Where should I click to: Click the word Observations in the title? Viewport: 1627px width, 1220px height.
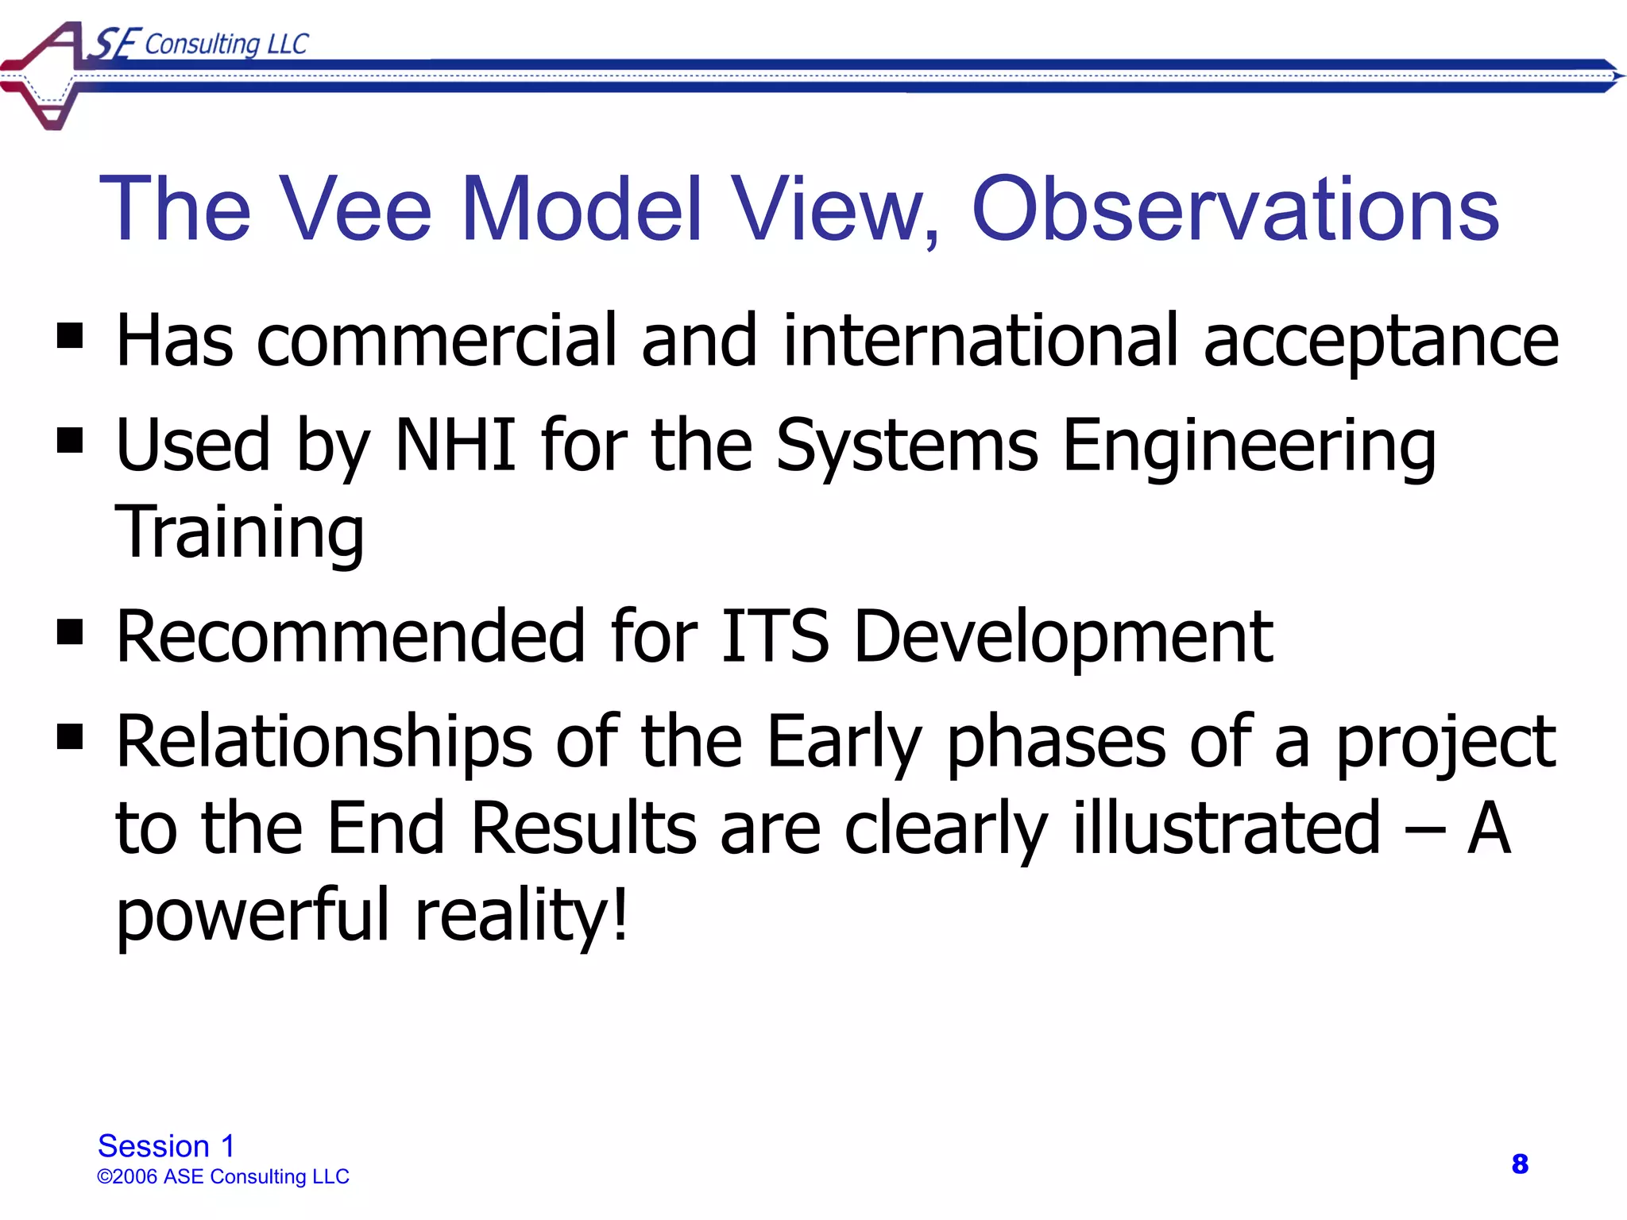pos(1235,209)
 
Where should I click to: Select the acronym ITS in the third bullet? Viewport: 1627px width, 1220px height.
pos(775,636)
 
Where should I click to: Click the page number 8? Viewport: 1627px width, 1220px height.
pos(1520,1164)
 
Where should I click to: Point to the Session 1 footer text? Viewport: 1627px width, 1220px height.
pos(166,1146)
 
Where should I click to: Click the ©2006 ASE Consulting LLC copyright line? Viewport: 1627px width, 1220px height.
pos(223,1176)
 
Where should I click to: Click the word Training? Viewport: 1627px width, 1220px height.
pos(239,533)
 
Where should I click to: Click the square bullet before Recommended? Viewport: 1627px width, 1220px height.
pos(70,632)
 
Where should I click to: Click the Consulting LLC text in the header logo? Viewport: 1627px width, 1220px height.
pos(226,44)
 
